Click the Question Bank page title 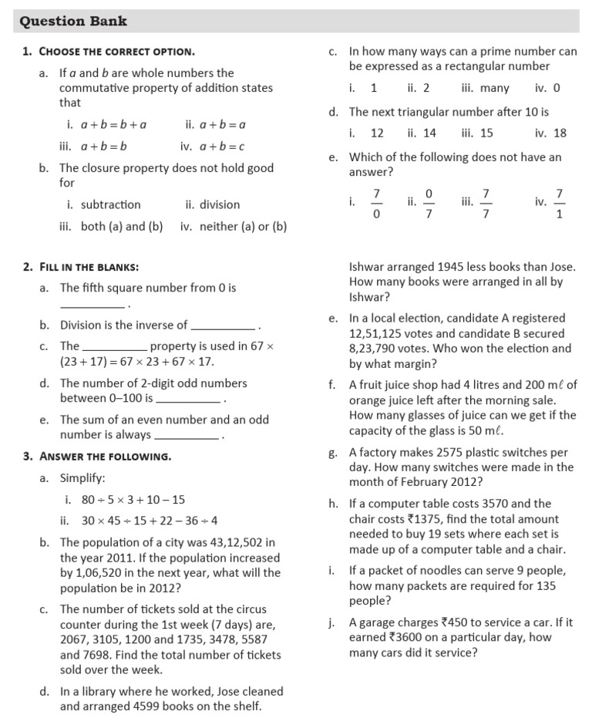(x=74, y=22)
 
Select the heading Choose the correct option (x=116, y=52)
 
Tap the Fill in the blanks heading (x=89, y=267)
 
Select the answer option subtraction (x=110, y=204)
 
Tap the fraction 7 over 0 (x=376, y=203)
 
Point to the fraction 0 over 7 (x=429, y=203)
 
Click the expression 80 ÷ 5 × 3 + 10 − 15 (x=133, y=499)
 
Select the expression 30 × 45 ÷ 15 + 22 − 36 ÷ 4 (x=150, y=521)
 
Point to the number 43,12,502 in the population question (x=238, y=543)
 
